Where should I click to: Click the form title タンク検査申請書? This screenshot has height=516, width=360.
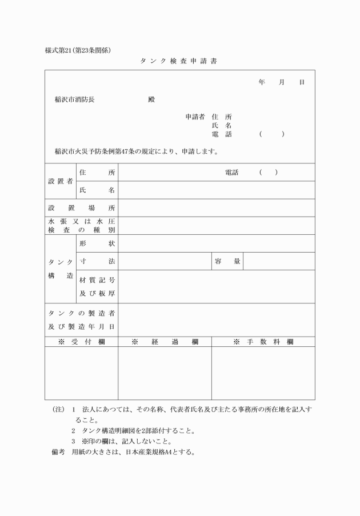[180, 61]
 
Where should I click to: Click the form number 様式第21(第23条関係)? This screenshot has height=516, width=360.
[78, 50]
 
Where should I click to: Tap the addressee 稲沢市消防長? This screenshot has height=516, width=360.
[75, 99]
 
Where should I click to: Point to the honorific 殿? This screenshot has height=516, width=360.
[151, 99]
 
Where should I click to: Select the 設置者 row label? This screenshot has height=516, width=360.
[60, 181]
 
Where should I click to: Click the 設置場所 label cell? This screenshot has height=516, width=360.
[81, 207]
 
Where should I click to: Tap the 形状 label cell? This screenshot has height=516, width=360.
[97, 243]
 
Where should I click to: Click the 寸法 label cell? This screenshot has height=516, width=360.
[97, 261]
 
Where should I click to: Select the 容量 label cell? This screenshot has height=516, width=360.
[227, 261]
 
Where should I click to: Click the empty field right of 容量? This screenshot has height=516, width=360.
[278, 261]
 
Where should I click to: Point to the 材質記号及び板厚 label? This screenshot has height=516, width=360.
[97, 286]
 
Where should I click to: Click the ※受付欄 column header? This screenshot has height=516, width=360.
[81, 341]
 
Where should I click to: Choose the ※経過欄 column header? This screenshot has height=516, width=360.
[165, 341]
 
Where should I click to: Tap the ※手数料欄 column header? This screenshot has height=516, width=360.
[263, 341]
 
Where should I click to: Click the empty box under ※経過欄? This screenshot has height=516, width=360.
[165, 373]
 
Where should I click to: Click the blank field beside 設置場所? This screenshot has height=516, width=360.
[217, 207]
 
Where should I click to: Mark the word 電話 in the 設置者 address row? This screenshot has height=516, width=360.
[231, 172]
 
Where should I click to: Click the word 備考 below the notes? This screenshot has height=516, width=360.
[58, 452]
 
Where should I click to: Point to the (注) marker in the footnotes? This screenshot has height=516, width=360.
[58, 410]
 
